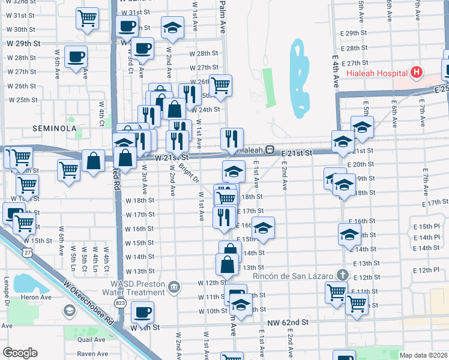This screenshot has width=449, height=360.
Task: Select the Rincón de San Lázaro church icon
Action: (x=342, y=275)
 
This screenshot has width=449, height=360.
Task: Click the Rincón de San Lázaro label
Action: (x=293, y=275)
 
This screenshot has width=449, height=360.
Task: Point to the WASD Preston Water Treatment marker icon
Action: (x=174, y=287)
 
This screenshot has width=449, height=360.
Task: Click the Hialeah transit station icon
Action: (x=271, y=150)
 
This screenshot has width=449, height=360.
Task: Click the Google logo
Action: (x=20, y=353)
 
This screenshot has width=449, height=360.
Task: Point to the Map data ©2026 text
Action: (x=424, y=355)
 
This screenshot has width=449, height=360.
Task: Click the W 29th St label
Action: (x=23, y=44)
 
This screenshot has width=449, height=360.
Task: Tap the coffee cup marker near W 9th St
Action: (x=143, y=312)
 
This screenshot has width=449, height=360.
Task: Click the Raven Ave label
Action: (x=92, y=354)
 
